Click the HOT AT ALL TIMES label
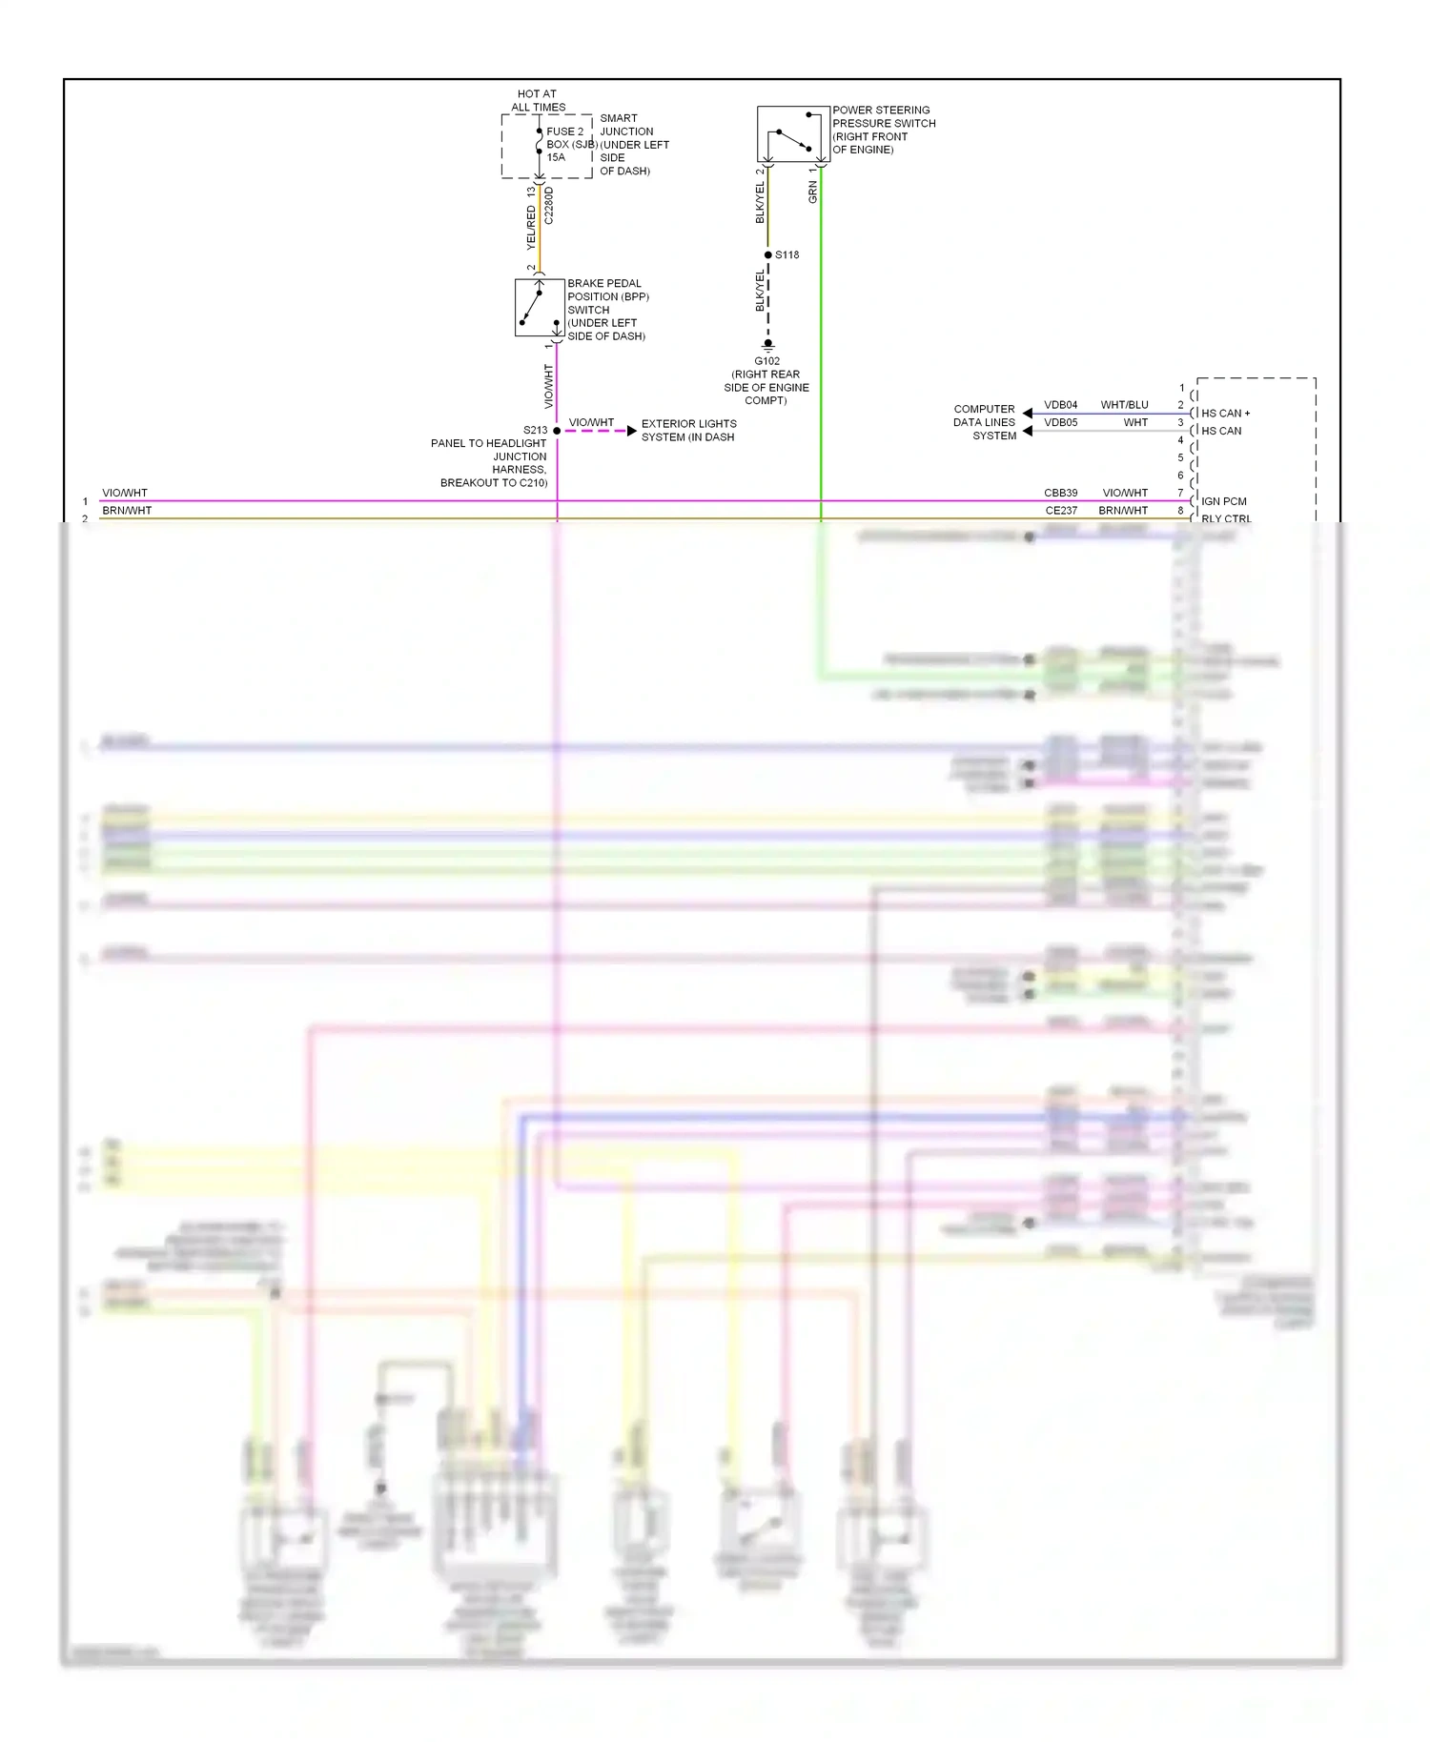[x=538, y=100]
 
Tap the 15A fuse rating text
[x=556, y=157]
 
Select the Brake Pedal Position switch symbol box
[x=540, y=307]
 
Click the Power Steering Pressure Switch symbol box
[x=792, y=133]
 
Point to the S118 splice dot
[x=768, y=254]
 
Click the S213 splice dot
[x=557, y=431]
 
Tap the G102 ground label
[x=766, y=361]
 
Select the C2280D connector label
[x=548, y=206]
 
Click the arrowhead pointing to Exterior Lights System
[x=631, y=431]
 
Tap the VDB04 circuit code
[x=1060, y=405]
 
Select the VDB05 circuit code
[x=1060, y=422]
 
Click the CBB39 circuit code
[x=1060, y=493]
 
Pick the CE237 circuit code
[x=1061, y=511]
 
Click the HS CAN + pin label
[x=1225, y=414]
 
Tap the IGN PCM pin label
[x=1223, y=501]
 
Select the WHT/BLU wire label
[x=1124, y=405]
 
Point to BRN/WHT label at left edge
[x=127, y=511]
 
